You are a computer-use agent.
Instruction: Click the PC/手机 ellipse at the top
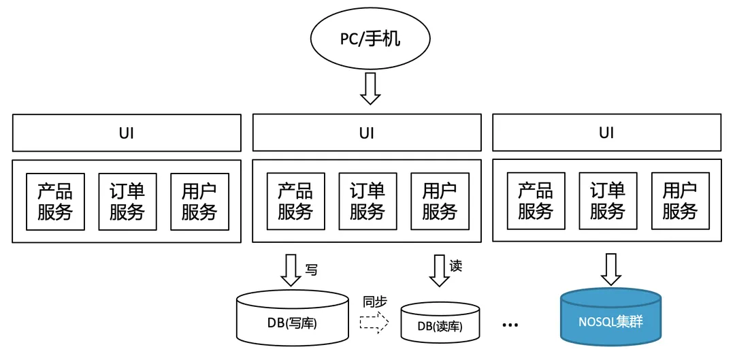[x=370, y=39]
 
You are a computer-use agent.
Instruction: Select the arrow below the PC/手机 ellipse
[x=370, y=88]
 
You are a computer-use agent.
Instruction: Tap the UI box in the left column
[x=127, y=133]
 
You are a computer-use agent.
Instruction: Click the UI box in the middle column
[x=367, y=133]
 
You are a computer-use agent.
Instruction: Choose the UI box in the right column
[x=606, y=133]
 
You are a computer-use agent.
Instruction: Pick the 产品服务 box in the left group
[x=55, y=201]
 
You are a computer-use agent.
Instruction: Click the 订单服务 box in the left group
[x=127, y=201]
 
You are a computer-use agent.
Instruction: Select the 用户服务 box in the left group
[x=199, y=201]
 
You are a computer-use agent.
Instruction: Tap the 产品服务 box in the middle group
[x=295, y=201]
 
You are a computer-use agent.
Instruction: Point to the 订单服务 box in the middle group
[x=367, y=201]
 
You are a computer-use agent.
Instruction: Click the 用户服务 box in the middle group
[x=440, y=201]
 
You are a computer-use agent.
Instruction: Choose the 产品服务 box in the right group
[x=536, y=201]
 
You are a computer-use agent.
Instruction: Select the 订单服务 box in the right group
[x=608, y=201]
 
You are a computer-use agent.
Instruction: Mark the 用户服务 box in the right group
[x=680, y=201]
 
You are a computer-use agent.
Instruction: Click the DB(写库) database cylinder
[x=292, y=318]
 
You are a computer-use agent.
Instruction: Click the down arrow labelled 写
[x=291, y=269]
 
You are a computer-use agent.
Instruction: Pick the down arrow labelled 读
[x=439, y=269]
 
